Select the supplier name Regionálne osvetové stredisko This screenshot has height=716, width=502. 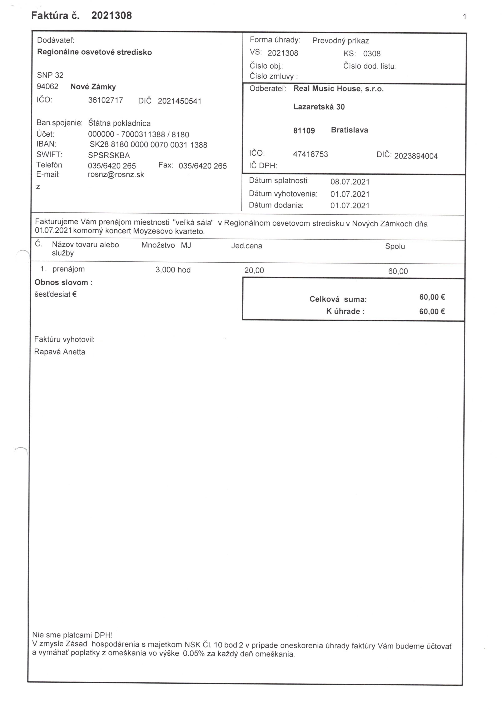pyautogui.click(x=94, y=52)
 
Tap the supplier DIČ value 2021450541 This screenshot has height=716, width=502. pyautogui.click(x=179, y=101)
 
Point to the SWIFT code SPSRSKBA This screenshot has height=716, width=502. pyautogui.click(x=109, y=155)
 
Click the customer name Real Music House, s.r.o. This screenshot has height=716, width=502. pyautogui.click(x=338, y=89)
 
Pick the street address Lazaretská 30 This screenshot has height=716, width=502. pyautogui.click(x=319, y=107)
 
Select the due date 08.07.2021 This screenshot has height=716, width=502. pyautogui.click(x=350, y=182)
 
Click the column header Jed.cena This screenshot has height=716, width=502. pyautogui.click(x=247, y=246)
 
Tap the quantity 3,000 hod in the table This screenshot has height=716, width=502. pyautogui.click(x=173, y=270)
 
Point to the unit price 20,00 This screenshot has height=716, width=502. pyautogui.click(x=254, y=270)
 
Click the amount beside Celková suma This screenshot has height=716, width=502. pyautogui.click(x=432, y=297)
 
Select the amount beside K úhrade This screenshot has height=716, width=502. pyautogui.click(x=432, y=311)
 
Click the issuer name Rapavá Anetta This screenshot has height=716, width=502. pyautogui.click(x=60, y=352)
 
